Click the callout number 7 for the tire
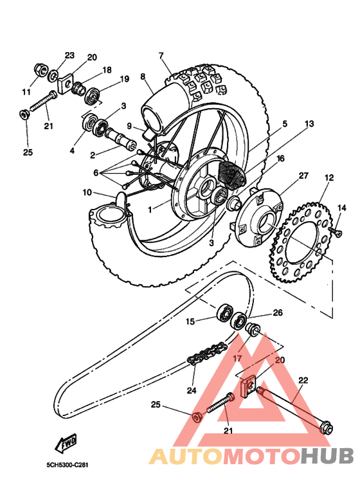tap(161, 55)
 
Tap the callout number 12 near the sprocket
tap(329, 177)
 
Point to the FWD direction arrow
tap(66, 444)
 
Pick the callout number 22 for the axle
tap(303, 381)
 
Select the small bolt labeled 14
tap(334, 230)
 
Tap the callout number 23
tap(69, 55)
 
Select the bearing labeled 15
tap(225, 312)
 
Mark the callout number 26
tap(277, 313)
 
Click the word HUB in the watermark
tap(327, 456)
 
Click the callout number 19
tap(124, 79)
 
